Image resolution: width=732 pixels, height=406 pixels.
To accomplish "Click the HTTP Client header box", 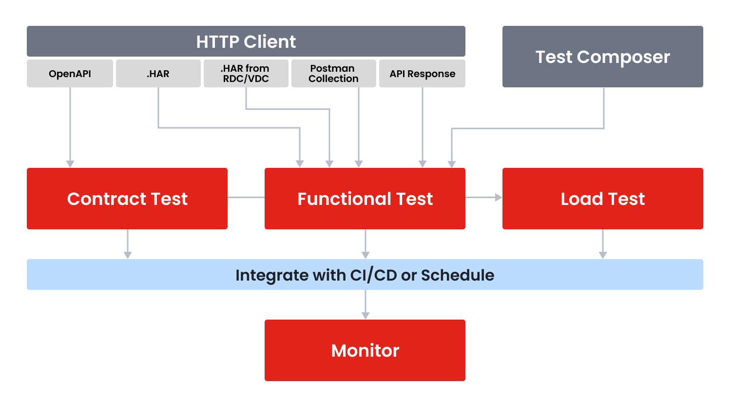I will (x=246, y=41).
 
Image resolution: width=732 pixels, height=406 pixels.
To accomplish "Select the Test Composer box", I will (x=602, y=57).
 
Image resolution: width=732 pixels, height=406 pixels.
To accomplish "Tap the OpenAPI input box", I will (x=70, y=74).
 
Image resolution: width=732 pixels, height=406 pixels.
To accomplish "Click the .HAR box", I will (x=158, y=74).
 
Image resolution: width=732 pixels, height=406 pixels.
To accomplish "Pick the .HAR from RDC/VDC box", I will (x=246, y=74).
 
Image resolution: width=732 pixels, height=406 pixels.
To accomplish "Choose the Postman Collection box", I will (x=333, y=74).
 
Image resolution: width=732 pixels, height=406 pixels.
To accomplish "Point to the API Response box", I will (x=422, y=74).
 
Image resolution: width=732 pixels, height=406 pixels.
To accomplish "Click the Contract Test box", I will (x=127, y=199).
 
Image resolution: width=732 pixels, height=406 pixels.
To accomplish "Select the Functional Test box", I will (x=365, y=199).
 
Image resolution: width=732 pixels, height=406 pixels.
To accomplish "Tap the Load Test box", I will (x=602, y=199).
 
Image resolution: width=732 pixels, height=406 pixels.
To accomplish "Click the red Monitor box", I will (x=365, y=350).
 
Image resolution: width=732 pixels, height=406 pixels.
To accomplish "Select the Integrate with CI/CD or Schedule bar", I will (x=365, y=275).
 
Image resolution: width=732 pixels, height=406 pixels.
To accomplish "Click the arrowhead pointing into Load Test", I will (x=498, y=198).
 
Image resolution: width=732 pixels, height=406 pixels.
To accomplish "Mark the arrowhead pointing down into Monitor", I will (x=366, y=316).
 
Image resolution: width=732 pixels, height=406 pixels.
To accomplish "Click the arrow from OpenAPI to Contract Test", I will (x=70, y=127).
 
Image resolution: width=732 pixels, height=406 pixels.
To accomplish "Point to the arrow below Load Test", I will (x=603, y=244).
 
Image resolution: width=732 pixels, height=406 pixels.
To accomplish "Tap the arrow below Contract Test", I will (x=128, y=244).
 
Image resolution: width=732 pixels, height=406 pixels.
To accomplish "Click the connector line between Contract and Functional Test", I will (x=246, y=198).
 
